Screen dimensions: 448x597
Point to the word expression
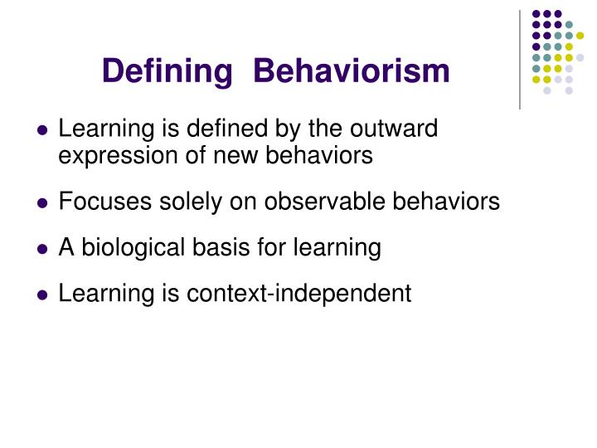[x=111, y=155]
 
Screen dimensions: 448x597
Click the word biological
[x=119, y=247]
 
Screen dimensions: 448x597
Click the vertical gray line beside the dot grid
[x=520, y=58]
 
